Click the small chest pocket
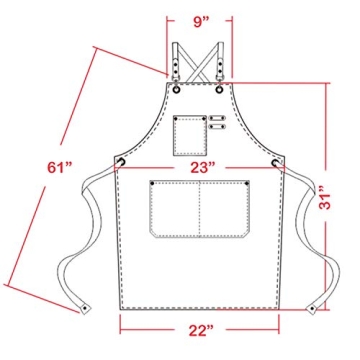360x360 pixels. pos(187,131)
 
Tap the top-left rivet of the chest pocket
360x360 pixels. pos(175,119)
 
